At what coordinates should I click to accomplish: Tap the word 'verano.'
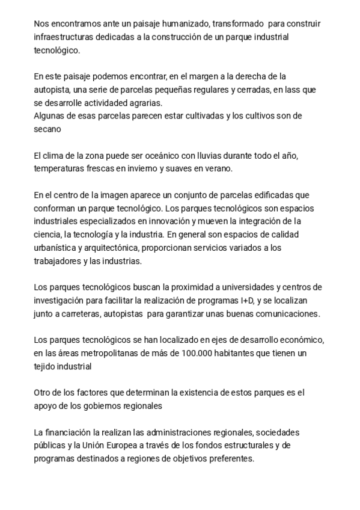(x=218, y=169)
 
